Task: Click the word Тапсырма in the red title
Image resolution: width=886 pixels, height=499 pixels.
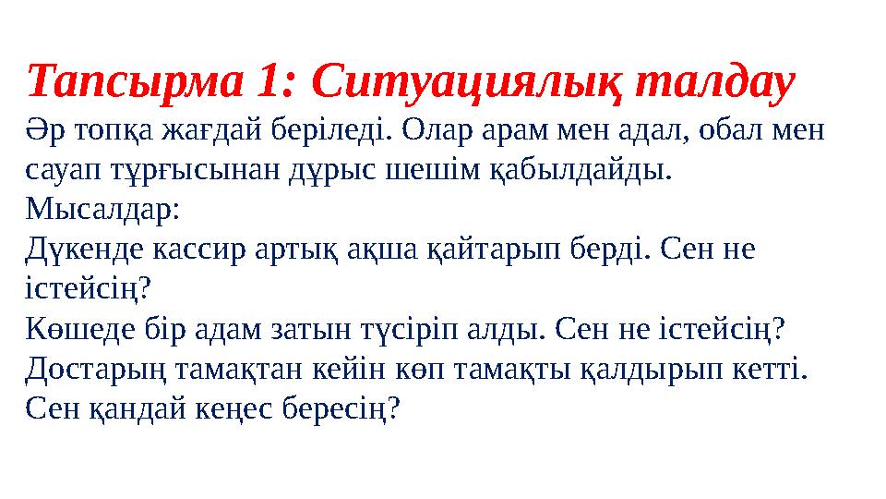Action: (133, 84)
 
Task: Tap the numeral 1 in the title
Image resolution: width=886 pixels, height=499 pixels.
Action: (268, 84)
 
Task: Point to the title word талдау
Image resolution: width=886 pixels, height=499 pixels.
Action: (709, 84)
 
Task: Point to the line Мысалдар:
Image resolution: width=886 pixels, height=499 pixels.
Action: (104, 211)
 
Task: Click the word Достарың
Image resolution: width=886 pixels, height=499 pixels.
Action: (95, 370)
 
